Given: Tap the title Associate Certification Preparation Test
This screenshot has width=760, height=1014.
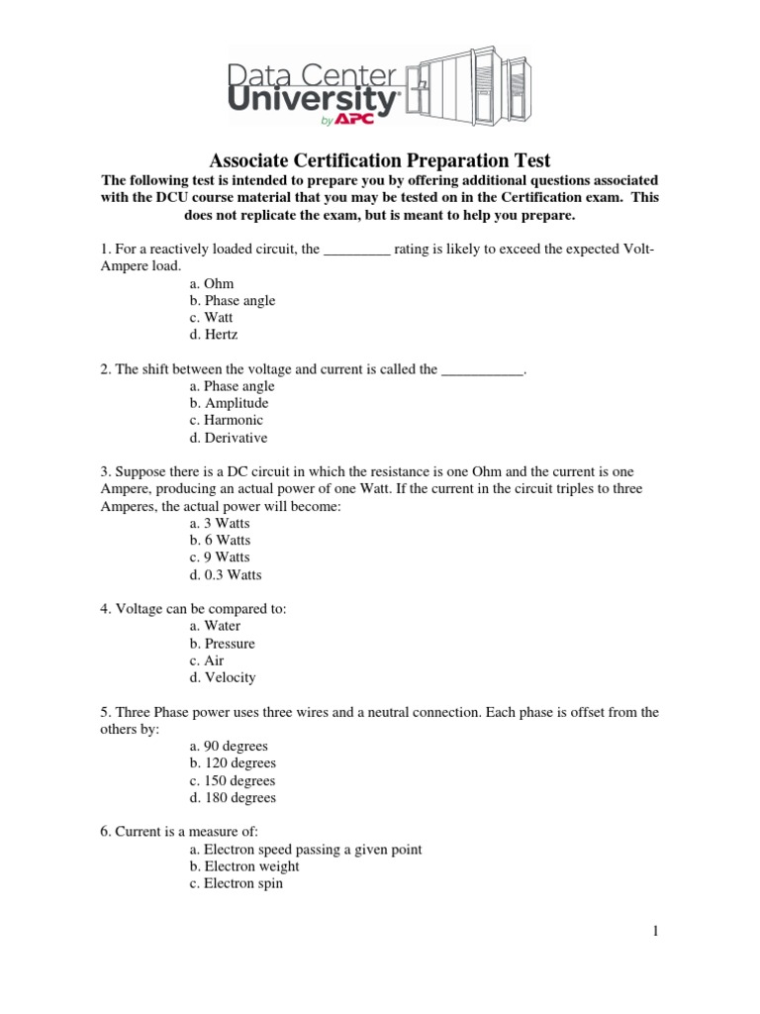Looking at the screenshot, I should pyautogui.click(x=379, y=160).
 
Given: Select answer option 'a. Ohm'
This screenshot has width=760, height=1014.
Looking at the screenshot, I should pyautogui.click(x=212, y=284).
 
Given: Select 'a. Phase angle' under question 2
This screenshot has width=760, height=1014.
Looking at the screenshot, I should pyautogui.click(x=232, y=386).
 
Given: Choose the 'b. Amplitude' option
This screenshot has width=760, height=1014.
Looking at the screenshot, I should pyautogui.click(x=229, y=403).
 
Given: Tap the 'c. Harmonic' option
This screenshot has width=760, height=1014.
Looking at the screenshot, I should pyautogui.click(x=227, y=420).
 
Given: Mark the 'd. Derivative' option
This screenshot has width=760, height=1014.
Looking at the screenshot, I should pyautogui.click(x=229, y=438).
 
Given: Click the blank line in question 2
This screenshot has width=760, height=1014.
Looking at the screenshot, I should pyautogui.click(x=481, y=370).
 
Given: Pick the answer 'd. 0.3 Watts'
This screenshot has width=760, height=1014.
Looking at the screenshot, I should pyautogui.click(x=226, y=574).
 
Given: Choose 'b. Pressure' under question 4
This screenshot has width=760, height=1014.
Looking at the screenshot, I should pyautogui.click(x=223, y=644).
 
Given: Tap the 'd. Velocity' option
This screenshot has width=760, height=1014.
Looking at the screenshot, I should pyautogui.click(x=223, y=677).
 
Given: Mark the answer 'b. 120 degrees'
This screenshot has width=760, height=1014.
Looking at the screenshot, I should pyautogui.click(x=233, y=763).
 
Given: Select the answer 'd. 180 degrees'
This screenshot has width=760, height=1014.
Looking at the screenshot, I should pyautogui.click(x=233, y=797).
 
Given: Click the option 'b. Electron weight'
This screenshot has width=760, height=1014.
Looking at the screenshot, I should pyautogui.click(x=244, y=866).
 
